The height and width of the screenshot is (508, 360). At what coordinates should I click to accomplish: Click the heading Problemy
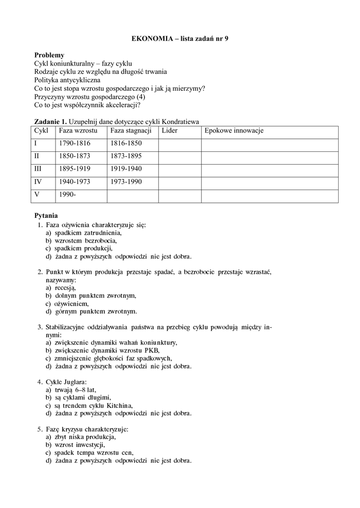[49, 55]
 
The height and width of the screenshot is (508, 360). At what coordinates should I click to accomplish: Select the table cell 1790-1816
[74, 143]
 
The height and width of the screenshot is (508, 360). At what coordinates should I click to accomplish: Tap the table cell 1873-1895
[126, 156]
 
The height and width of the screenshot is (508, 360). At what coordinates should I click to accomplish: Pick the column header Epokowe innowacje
[233, 130]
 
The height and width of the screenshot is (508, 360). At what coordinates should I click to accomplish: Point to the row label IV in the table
[38, 182]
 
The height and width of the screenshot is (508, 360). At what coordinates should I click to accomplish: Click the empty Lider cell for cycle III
[180, 170]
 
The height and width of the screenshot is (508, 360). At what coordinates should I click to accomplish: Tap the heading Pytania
[46, 216]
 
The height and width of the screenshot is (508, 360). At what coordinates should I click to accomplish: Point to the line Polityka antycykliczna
[67, 79]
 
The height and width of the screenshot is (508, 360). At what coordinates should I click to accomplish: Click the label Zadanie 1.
[50, 122]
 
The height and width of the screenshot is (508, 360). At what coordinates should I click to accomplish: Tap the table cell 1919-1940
[126, 169]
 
